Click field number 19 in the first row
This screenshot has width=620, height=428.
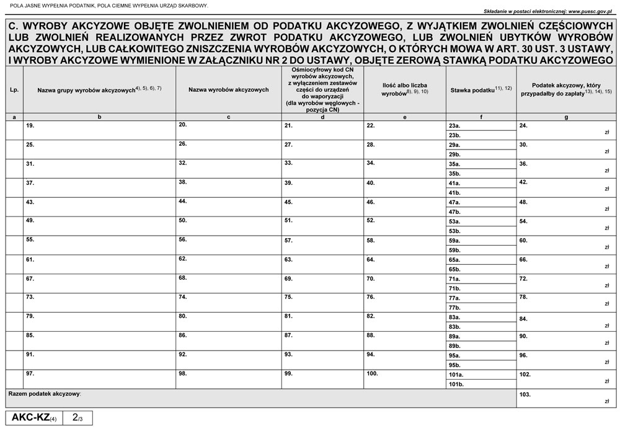click(99, 130)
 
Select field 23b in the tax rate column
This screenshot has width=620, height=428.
click(480, 135)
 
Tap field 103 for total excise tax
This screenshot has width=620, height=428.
click(567, 398)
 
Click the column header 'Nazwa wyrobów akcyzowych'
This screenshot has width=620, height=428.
click(229, 90)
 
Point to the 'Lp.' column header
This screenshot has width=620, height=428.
click(14, 90)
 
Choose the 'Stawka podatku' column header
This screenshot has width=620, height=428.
click(480, 90)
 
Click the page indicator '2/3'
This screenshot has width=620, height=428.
click(77, 418)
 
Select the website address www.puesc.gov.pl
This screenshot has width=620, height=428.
click(586, 11)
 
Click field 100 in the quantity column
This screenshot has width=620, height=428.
click(404, 380)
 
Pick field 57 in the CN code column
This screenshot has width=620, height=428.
click(322, 245)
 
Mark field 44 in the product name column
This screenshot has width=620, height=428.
click(229, 207)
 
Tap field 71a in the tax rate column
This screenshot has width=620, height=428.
click(480, 279)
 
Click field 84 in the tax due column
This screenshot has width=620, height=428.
click(567, 322)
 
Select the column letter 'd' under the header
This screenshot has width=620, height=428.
click(322, 117)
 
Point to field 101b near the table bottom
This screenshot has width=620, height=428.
click(480, 385)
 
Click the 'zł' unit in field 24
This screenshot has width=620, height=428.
click(606, 132)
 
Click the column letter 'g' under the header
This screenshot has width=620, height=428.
click(567, 117)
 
